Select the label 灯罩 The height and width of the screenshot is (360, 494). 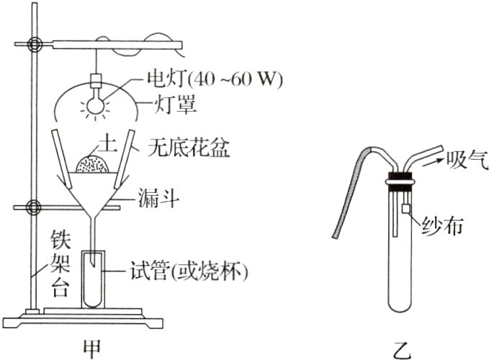[177, 105]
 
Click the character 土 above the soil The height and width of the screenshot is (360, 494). [93, 143]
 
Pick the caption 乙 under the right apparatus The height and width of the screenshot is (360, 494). [402, 348]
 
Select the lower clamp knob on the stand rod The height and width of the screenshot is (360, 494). [32, 209]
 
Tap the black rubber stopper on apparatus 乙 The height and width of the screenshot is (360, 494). [401, 177]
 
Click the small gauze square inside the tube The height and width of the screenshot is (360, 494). [405, 209]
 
